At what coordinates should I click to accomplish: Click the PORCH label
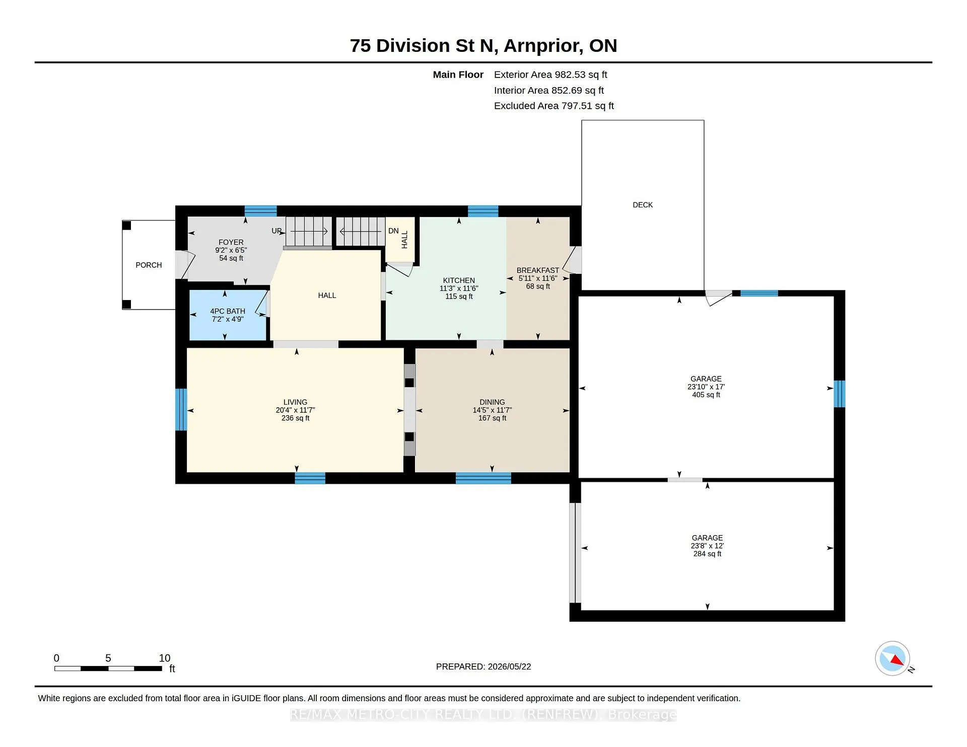point(149,265)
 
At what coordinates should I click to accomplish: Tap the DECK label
point(643,205)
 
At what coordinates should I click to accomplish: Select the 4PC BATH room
point(228,315)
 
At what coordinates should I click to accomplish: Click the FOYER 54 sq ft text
point(231,258)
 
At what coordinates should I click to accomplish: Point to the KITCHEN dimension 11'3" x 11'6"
point(459,288)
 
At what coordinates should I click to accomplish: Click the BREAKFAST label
point(538,270)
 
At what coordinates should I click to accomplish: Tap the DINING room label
point(492,402)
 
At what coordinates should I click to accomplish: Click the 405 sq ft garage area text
point(706,395)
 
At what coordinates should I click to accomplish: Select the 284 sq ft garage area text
point(707,554)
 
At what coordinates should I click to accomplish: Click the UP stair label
point(277,231)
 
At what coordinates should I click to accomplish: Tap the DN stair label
point(393,231)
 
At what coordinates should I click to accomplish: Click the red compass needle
point(897,660)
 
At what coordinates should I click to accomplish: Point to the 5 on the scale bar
point(108,658)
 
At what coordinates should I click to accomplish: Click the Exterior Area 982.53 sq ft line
point(550,74)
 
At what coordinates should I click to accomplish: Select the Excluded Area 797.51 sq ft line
point(554,106)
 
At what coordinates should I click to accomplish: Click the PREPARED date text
point(483,666)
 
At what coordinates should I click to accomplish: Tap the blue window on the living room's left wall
point(181,409)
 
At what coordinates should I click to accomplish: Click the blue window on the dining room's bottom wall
point(483,478)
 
